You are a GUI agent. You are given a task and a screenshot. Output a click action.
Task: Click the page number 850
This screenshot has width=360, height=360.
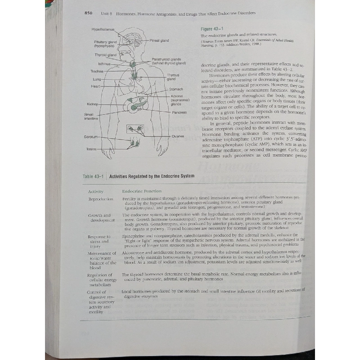(88, 13)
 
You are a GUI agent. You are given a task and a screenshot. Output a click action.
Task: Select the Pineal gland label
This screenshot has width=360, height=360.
(159, 40)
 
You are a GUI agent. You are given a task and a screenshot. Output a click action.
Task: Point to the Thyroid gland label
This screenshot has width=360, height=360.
(105, 55)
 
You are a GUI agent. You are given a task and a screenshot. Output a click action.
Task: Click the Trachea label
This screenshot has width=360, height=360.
(97, 71)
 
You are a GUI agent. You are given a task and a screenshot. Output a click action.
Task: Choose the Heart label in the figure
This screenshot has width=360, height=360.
(96, 86)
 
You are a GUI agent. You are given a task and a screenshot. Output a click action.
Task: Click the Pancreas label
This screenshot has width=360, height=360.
(179, 112)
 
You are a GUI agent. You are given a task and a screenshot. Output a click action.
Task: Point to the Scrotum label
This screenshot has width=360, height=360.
(92, 136)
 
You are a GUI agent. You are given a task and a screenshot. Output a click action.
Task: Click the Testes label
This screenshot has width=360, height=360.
(92, 149)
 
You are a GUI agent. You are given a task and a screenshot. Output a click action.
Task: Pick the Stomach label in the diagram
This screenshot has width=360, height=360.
(176, 89)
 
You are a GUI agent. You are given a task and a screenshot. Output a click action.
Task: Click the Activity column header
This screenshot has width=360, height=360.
(96, 191)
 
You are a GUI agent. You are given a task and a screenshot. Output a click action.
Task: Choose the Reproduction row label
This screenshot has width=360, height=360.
(101, 199)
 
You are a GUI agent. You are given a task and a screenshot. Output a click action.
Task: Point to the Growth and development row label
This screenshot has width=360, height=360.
(99, 218)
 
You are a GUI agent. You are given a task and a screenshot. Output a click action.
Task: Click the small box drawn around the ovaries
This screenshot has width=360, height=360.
(135, 130)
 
